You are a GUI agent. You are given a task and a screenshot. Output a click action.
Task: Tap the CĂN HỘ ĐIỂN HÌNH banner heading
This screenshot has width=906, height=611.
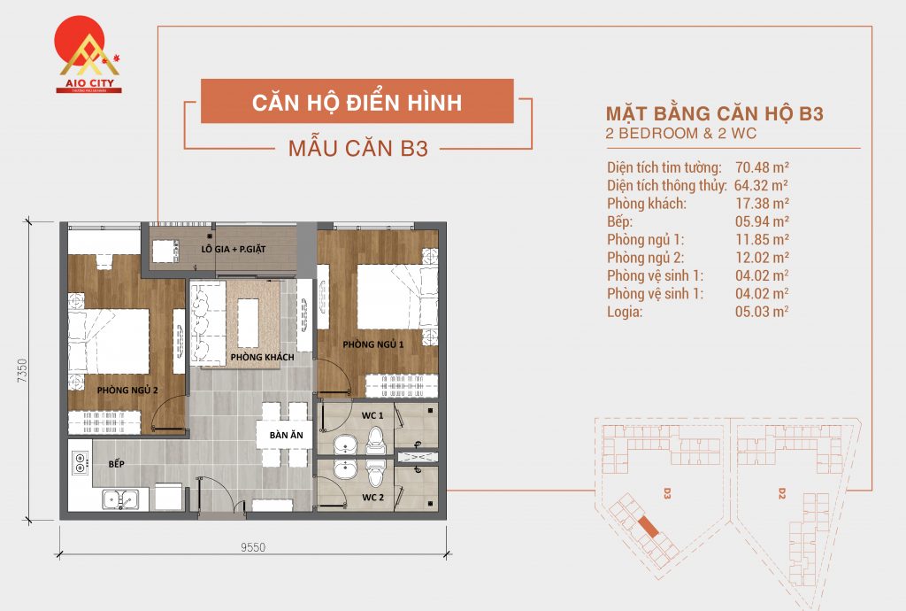coord(357,102)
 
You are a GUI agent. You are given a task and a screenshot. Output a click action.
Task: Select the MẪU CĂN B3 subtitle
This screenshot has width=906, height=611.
coord(358,149)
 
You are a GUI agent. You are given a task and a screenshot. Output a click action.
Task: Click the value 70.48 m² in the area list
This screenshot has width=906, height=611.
coord(755,167)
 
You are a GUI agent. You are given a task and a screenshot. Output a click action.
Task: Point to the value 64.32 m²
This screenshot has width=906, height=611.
coord(758,186)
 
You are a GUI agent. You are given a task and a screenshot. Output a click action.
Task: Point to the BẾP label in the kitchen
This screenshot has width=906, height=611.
coord(116,464)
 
